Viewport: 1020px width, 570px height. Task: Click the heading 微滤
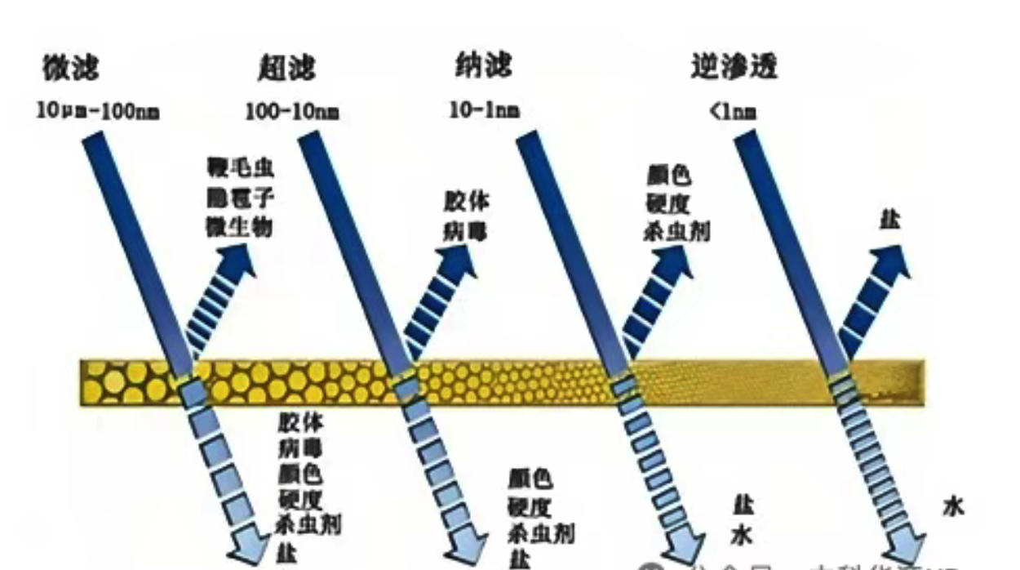(x=71, y=69)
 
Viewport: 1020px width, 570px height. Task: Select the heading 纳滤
(x=483, y=65)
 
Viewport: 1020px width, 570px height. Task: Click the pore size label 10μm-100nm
(x=98, y=111)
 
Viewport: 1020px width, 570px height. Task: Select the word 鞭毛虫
(x=241, y=169)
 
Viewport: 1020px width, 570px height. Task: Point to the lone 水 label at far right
(x=953, y=507)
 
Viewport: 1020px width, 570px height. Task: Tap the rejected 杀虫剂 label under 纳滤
(x=676, y=231)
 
